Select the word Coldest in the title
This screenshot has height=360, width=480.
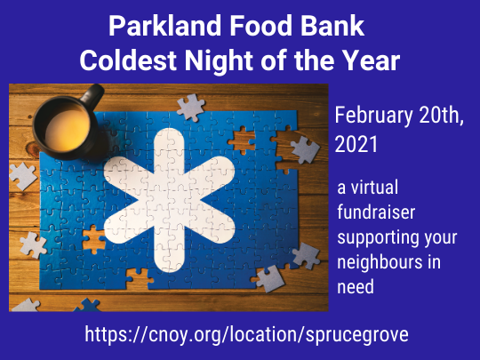tap(128, 60)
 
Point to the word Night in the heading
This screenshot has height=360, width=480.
tap(220, 61)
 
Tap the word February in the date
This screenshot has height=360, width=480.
tap(373, 116)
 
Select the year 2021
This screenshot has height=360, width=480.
tap(356, 144)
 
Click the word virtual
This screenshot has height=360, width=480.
tap(374, 187)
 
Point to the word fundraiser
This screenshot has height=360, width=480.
tap(376, 212)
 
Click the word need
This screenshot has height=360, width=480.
tap(356, 286)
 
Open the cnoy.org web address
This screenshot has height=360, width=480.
tap(246, 334)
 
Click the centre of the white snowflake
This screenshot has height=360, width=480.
tap(169, 201)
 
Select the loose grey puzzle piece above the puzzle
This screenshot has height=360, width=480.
tap(191, 108)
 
